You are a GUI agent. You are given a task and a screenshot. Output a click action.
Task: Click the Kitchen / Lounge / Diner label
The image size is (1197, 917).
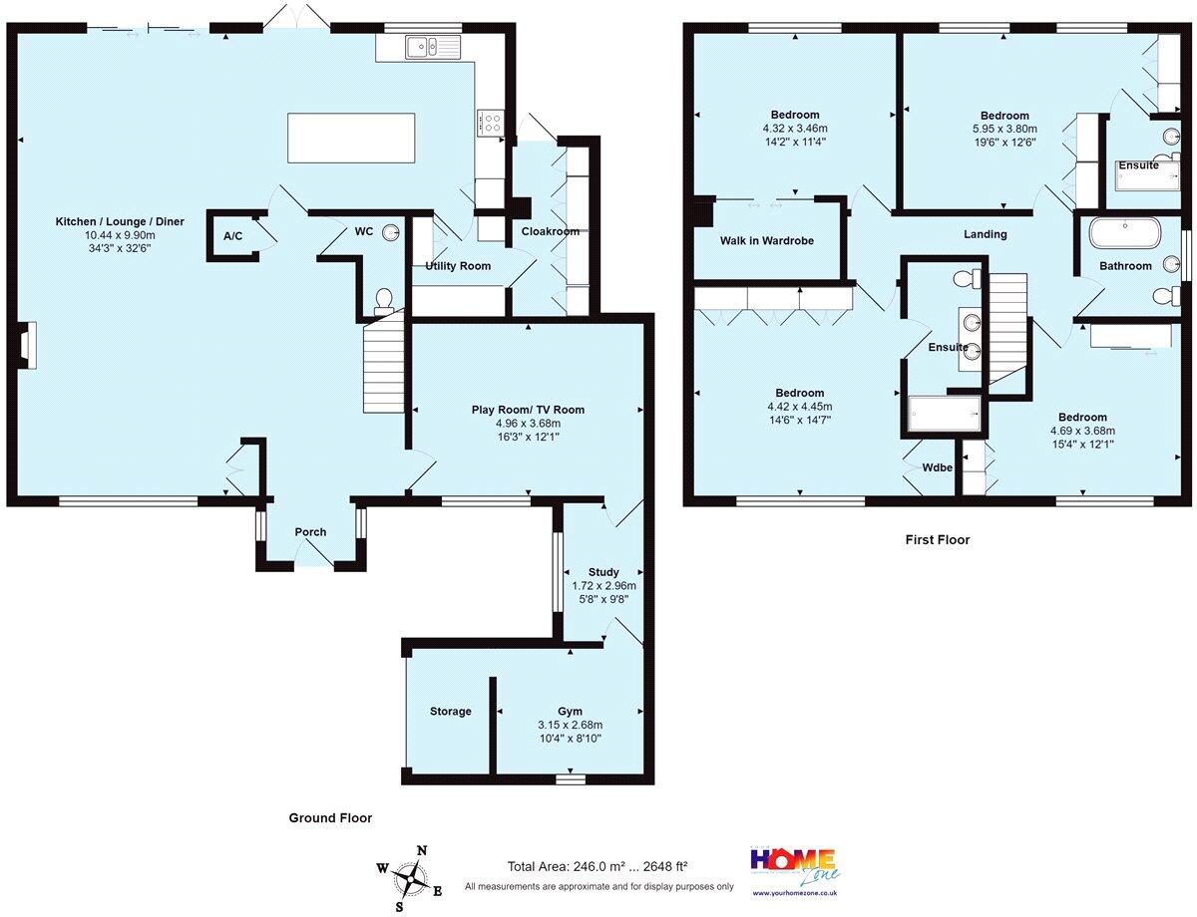[120, 221]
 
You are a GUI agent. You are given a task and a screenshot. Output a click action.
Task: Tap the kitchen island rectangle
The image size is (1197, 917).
[351, 138]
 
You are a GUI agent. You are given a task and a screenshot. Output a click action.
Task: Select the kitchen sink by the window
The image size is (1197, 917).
[433, 46]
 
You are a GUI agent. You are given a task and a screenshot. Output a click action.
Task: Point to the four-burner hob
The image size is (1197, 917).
[490, 123]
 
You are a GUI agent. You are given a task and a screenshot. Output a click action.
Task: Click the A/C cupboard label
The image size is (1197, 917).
[232, 236]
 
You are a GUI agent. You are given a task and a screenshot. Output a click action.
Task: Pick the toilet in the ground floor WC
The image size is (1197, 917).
[383, 302]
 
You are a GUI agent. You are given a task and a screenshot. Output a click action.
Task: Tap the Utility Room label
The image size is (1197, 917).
[458, 266]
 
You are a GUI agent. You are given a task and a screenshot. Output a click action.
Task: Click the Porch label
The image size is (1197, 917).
[310, 531]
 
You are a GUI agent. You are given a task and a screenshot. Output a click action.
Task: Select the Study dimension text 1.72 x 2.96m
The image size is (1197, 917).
[603, 586]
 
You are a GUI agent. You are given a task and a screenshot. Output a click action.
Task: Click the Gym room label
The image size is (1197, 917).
[570, 711]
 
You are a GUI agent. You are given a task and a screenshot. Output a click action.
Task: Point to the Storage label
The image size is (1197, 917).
[450, 711]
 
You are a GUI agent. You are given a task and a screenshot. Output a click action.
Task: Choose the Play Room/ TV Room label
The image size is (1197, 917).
[528, 410]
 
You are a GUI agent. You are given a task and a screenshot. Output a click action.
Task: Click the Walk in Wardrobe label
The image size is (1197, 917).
[767, 240]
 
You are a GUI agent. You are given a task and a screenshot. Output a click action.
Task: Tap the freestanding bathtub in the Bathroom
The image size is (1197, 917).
[1124, 233]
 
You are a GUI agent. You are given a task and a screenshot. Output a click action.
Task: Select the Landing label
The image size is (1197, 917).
[985, 234]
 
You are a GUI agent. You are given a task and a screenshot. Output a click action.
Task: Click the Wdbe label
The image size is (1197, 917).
[937, 467]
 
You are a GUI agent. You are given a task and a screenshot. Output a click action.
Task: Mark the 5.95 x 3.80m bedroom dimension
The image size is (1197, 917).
[1004, 129]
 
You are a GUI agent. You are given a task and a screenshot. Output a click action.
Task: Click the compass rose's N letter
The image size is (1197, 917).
[422, 850]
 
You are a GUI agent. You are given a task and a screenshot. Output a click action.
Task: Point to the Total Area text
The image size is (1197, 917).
[598, 866]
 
